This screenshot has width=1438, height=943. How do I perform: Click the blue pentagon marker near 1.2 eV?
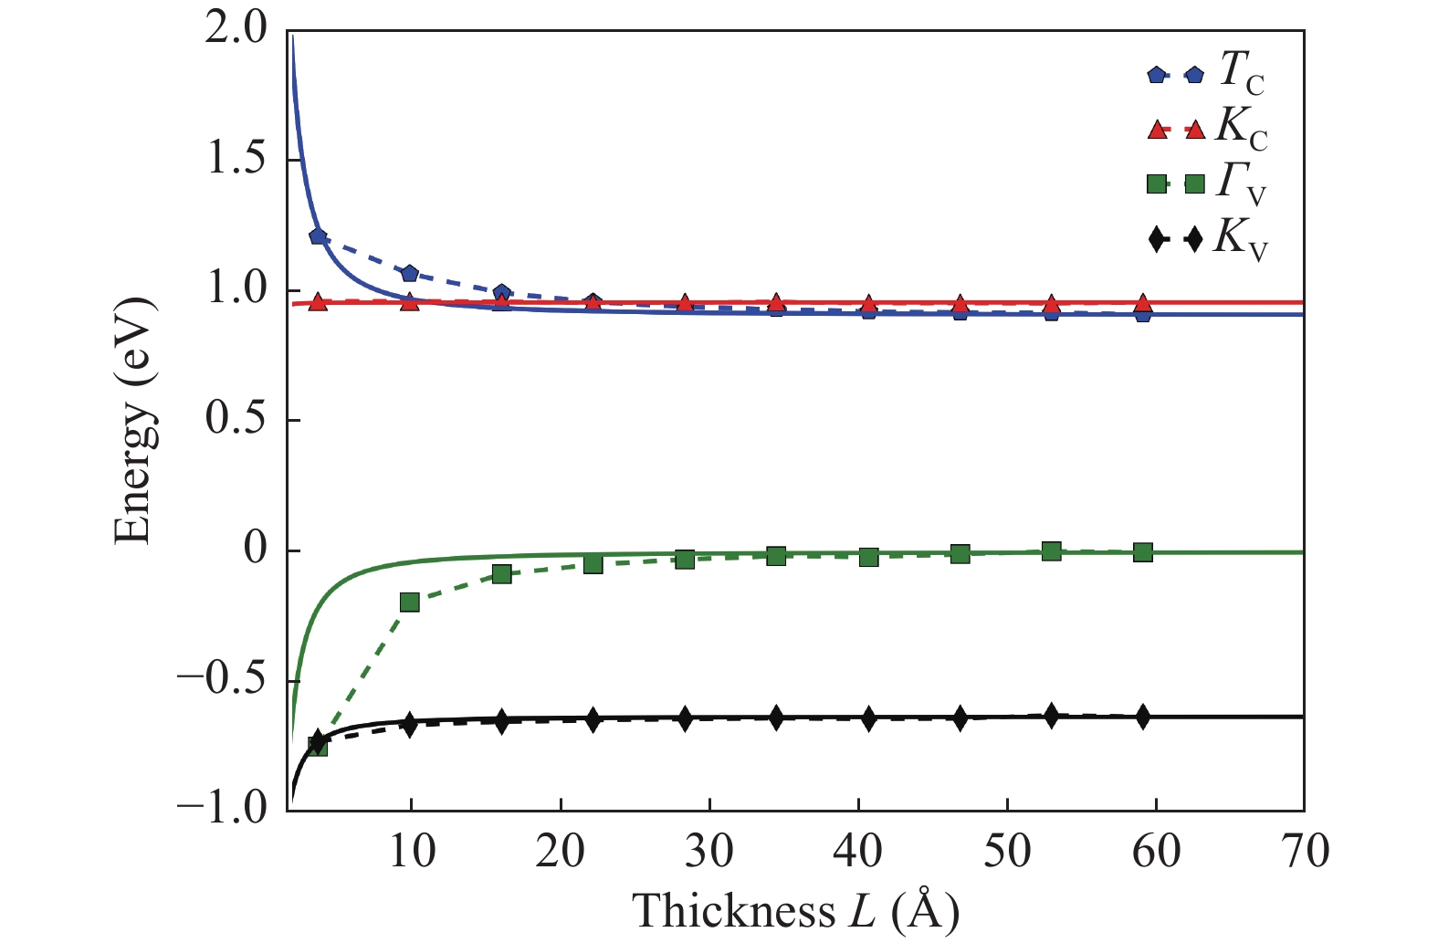(318, 236)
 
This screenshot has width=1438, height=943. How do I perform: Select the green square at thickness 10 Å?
(410, 602)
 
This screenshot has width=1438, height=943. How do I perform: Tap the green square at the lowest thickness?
(318, 746)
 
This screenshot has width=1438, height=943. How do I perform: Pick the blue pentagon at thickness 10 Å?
(410, 274)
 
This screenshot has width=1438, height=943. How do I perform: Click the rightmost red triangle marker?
(1143, 303)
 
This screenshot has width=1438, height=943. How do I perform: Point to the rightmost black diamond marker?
(1143, 717)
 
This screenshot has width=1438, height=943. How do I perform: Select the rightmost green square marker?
(1143, 552)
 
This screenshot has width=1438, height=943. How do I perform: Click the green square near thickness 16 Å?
(501, 574)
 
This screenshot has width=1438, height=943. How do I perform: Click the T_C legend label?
(1242, 72)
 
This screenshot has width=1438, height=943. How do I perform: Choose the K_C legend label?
(1242, 129)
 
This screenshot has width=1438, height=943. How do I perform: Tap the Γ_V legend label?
(1242, 184)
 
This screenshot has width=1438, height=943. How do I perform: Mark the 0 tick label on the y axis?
(255, 550)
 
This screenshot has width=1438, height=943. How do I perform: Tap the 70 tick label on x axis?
(1304, 851)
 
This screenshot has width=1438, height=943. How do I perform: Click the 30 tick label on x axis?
(709, 851)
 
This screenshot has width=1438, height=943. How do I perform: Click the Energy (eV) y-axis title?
(134, 420)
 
